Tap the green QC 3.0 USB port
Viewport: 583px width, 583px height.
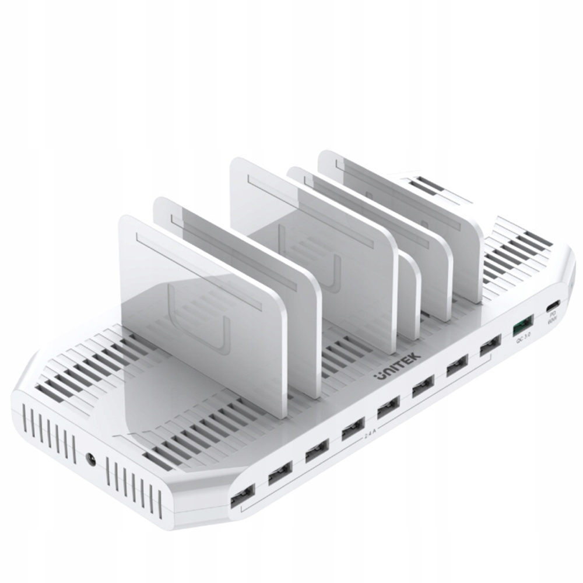click(x=523, y=325)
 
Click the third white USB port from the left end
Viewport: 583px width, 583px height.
click(x=317, y=451)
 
